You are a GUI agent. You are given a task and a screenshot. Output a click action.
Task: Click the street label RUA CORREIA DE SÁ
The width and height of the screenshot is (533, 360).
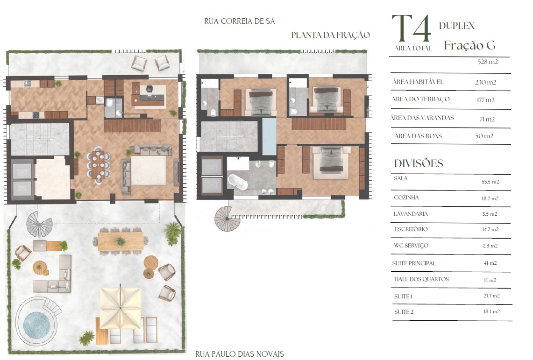point(239,21)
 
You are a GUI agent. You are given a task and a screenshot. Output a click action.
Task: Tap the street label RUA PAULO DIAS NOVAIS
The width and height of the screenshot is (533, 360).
point(239,354)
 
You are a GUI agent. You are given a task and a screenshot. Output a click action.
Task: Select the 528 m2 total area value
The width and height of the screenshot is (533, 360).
point(487,62)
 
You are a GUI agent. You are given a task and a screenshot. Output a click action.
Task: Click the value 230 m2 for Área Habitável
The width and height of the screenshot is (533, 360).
point(485,82)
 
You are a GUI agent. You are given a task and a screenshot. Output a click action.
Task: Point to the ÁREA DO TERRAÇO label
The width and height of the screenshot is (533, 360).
point(420,99)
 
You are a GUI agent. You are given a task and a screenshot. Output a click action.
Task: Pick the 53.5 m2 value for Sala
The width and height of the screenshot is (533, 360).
point(490,182)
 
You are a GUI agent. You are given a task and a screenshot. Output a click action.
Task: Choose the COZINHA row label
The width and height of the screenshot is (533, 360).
point(406,198)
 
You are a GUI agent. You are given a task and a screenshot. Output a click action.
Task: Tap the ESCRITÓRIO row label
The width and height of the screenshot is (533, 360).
point(411,229)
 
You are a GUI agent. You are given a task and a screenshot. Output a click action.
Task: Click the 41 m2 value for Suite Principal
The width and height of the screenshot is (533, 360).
point(490,263)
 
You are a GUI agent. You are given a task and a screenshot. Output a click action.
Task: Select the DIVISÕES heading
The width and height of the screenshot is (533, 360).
point(419,163)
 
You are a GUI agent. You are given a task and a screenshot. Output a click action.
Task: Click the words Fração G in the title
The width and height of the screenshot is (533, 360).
point(469,45)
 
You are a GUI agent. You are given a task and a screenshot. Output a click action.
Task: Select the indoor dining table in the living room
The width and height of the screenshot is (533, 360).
point(98,165)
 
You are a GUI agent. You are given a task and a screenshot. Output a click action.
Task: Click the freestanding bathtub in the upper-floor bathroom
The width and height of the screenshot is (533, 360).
point(237,182)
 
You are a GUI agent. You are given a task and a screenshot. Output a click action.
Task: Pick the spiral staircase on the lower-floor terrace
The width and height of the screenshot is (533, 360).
point(39,224)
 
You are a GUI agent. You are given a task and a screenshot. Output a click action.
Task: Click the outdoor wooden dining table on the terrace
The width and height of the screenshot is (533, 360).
point(121,241)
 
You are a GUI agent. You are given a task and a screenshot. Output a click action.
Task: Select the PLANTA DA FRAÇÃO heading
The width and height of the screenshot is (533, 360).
point(330,35)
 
